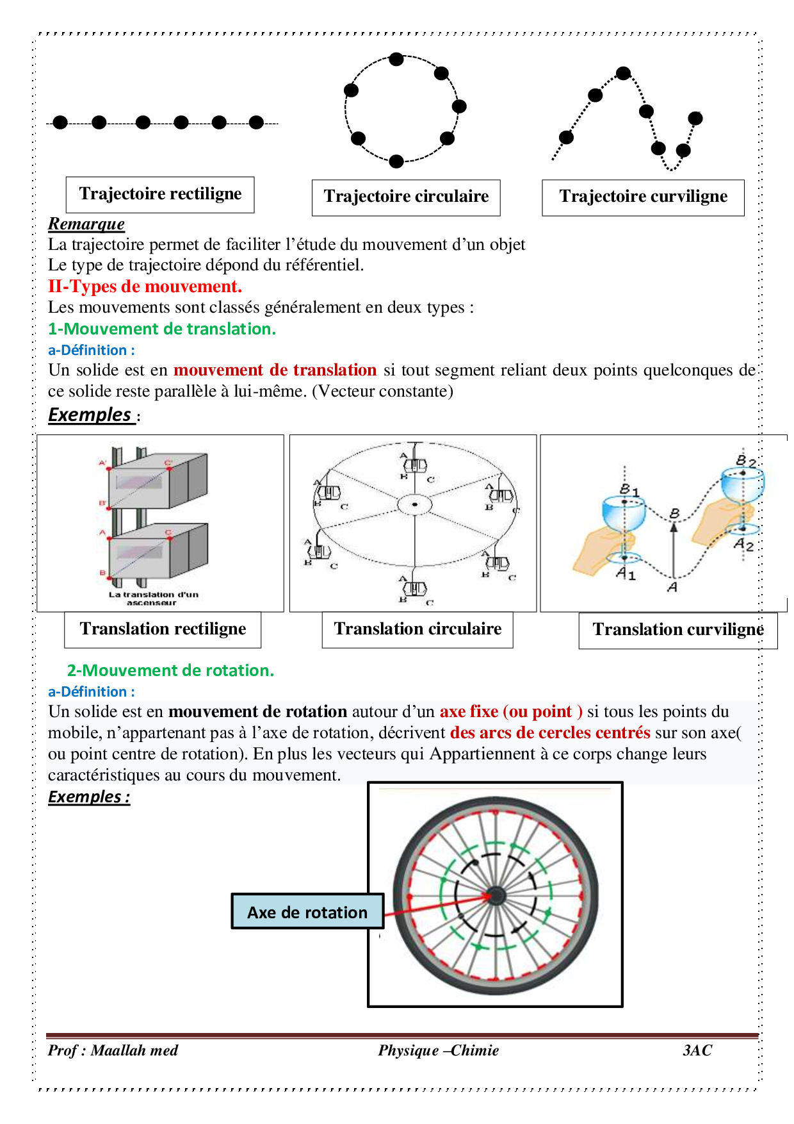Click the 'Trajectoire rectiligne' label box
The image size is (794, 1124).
[160, 194]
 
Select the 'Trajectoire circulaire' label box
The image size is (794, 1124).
[406, 197]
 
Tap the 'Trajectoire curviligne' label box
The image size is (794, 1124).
[643, 197]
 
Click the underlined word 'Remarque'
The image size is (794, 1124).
[86, 224]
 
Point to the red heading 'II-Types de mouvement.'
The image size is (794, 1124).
[145, 286]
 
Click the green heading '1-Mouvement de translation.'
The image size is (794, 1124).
[162, 329]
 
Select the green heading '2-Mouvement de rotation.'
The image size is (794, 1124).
[170, 670]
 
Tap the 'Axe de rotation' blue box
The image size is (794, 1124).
[307, 912]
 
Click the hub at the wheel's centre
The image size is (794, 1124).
[496, 895]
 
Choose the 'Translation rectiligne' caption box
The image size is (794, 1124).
[163, 629]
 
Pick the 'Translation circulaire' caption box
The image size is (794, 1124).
[417, 629]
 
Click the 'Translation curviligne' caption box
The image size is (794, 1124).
[677, 630]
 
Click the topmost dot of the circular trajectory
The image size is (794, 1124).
[396, 60]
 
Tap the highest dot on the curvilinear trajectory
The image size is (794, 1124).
[624, 74]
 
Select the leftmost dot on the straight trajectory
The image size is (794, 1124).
[60, 122]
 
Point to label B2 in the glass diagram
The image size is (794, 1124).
[745, 460]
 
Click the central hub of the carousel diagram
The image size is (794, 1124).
[415, 505]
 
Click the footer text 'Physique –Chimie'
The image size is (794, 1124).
[438, 1050]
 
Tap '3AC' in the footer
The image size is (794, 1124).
[697, 1050]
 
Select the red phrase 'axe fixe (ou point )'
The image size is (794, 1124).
[511, 711]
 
